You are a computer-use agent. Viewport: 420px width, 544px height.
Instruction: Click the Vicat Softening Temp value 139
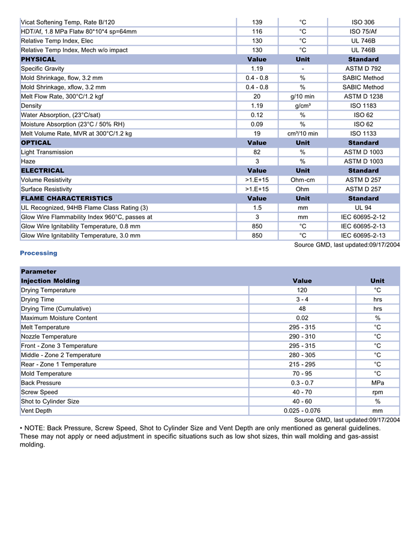[257, 22]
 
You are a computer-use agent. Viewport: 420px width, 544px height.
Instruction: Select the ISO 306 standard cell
[363, 22]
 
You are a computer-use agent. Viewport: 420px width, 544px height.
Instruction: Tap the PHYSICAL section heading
[38, 60]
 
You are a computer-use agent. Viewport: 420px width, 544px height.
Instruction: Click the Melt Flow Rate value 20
[257, 96]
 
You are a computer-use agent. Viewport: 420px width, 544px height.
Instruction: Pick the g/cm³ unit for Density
[302, 106]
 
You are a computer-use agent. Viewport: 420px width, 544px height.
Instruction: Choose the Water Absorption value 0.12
[257, 115]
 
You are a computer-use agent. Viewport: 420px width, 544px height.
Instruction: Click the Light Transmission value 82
[257, 152]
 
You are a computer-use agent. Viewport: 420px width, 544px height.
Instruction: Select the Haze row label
[28, 161]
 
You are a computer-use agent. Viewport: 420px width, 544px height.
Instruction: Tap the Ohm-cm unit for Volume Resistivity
[302, 180]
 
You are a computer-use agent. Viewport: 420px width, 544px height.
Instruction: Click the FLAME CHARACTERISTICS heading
[67, 198]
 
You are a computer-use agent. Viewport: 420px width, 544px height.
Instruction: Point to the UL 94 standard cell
[363, 207]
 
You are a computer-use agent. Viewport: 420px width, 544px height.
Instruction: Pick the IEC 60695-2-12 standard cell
[363, 217]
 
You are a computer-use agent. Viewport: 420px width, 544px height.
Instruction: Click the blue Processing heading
[38, 253]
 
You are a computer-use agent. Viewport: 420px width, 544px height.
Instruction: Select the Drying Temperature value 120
[302, 290]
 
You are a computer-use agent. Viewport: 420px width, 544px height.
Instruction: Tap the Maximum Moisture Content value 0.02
[302, 318]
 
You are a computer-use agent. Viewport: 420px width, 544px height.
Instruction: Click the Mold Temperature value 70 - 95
[302, 374]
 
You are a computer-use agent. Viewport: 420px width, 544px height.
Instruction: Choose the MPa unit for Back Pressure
[377, 383]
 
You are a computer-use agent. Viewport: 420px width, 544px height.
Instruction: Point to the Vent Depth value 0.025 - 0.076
[302, 411]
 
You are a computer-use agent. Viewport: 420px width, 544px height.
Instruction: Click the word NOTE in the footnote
[35, 428]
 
